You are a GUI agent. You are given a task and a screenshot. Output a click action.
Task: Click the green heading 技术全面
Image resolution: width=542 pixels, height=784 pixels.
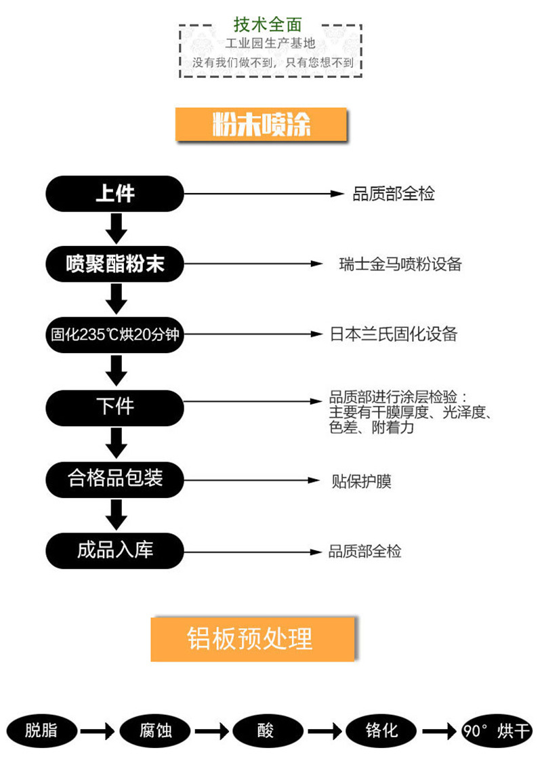click(x=268, y=24)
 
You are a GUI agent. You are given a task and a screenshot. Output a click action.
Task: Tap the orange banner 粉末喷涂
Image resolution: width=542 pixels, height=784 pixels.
click(x=261, y=124)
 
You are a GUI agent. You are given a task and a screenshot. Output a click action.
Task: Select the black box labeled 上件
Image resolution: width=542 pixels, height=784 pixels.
click(x=114, y=194)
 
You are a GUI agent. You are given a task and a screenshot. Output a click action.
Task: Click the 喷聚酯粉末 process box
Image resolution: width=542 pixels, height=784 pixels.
click(x=114, y=264)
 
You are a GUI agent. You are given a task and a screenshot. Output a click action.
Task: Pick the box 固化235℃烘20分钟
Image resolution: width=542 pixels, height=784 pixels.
click(x=114, y=335)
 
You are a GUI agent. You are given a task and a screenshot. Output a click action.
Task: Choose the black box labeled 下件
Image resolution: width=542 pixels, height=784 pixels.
click(x=114, y=407)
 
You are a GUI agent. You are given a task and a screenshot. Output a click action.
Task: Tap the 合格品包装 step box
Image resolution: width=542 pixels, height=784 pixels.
click(x=114, y=480)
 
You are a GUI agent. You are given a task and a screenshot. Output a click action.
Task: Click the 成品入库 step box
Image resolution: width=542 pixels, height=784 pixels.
click(x=114, y=550)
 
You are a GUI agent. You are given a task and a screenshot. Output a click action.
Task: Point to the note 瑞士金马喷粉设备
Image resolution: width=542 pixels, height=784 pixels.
click(x=400, y=264)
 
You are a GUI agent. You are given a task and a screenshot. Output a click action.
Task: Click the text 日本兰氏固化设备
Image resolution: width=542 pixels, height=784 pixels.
click(x=394, y=334)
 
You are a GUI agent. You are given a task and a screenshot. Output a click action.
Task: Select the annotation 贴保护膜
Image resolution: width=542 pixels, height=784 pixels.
click(x=361, y=481)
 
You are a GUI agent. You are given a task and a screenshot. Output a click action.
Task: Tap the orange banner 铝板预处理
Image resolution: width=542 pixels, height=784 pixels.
click(x=253, y=639)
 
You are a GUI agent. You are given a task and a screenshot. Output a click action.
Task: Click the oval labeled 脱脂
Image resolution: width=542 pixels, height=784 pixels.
click(x=41, y=730)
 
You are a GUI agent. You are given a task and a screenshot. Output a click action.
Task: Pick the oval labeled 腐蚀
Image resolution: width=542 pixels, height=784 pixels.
click(x=155, y=730)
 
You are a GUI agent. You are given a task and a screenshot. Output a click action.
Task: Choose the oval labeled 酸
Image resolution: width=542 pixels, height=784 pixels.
click(x=268, y=730)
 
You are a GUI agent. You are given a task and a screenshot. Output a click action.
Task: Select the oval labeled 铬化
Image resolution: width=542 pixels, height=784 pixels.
click(x=381, y=730)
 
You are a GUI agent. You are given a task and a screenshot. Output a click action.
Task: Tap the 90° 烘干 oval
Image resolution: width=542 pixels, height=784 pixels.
click(x=497, y=730)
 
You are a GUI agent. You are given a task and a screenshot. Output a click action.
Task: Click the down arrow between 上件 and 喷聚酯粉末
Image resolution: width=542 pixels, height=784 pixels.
click(x=116, y=228)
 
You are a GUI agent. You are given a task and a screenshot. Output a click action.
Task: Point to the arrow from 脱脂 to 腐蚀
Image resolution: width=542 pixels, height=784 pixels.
click(x=98, y=732)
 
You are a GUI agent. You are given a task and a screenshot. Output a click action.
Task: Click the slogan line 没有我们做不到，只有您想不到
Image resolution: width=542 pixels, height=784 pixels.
click(x=273, y=62)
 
